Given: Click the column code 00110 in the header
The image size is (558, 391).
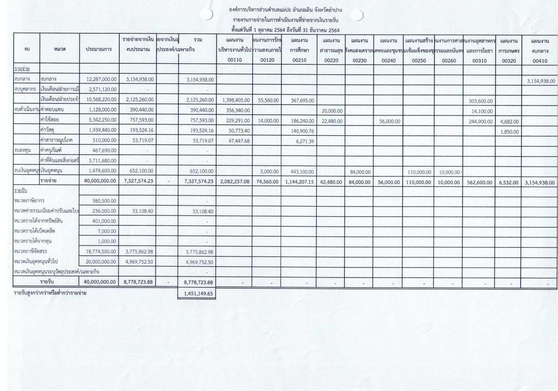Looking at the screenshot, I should pos(235,60).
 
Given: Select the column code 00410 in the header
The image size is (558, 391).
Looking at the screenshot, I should pos(540,61).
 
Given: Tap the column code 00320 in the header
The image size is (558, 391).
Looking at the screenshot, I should pos(509,61).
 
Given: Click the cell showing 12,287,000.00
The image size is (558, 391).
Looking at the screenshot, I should pos(101,79).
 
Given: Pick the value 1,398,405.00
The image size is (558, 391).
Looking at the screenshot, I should pos(235,100).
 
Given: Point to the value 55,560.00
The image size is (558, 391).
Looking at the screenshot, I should pos(268,100).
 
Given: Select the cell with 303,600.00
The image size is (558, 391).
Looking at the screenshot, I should pos(480,101).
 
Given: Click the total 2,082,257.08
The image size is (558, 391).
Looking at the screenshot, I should pos(235,182).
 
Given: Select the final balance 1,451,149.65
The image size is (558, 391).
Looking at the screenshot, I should pos(198,294).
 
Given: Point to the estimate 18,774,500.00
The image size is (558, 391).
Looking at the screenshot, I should pos(101,252).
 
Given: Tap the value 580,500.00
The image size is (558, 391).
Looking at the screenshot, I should pos(104,201).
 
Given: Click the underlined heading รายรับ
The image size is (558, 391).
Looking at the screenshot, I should pos(21,191).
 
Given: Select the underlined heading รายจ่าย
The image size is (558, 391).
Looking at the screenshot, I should pos(22,69).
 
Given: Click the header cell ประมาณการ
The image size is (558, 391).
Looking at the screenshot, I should pos(99,49).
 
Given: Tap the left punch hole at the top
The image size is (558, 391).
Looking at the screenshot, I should pos(207,14).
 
